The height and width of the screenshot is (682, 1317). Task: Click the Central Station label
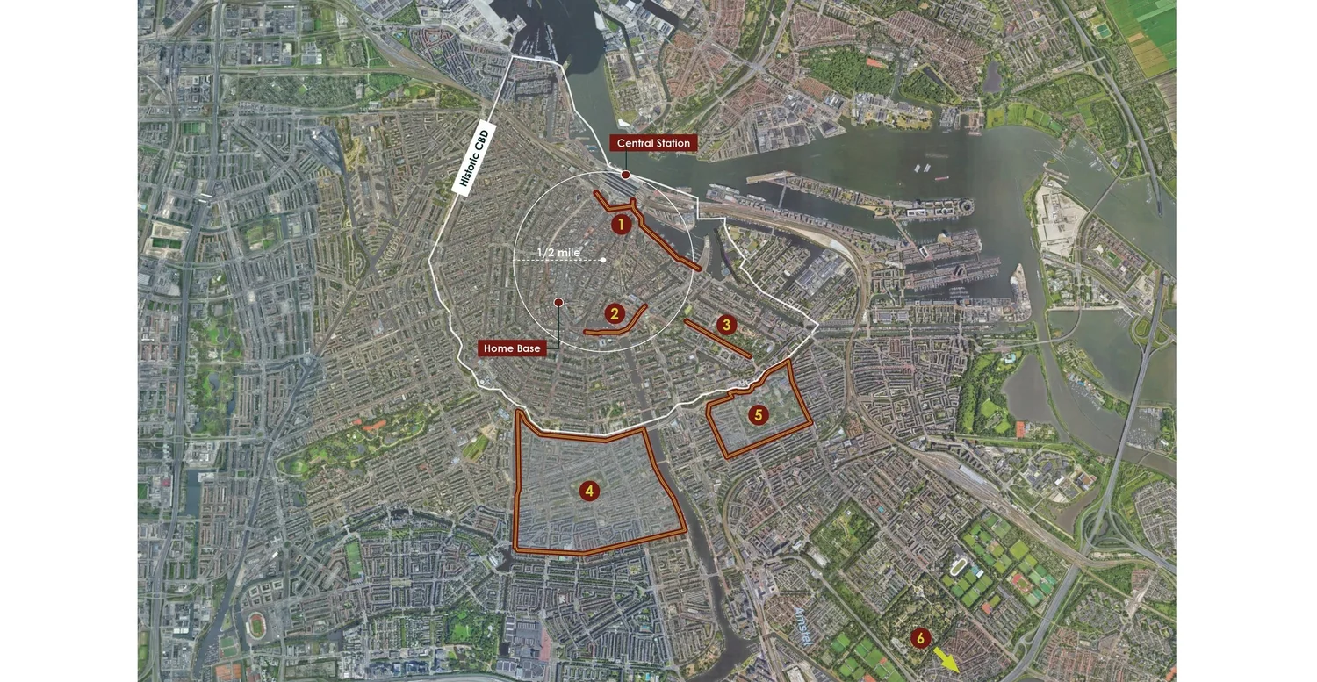click(x=653, y=143)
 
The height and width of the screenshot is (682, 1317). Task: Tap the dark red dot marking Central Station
click(x=625, y=175)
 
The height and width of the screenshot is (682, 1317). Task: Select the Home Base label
click(x=511, y=348)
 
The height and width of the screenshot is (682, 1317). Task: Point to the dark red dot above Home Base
click(x=558, y=303)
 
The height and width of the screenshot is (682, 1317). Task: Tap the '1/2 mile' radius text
click(x=558, y=253)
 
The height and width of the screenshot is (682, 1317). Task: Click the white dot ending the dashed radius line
click(x=603, y=260)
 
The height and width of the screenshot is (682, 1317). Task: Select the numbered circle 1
click(x=621, y=225)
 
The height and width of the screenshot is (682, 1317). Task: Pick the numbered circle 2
click(x=615, y=313)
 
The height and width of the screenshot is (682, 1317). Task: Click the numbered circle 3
click(x=725, y=325)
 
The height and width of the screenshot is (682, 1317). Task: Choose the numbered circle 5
click(x=759, y=414)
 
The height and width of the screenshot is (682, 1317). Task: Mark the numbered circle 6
click(x=919, y=638)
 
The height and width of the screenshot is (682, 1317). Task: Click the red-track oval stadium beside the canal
click(x=257, y=625)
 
